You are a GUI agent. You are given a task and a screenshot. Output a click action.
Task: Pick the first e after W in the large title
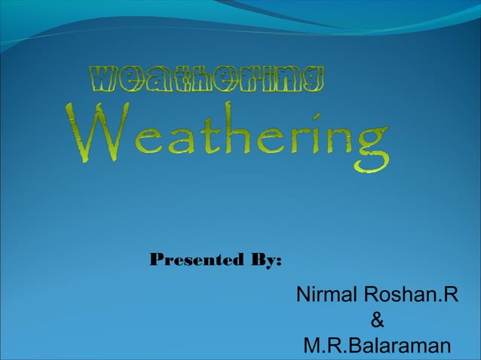pos(137,143)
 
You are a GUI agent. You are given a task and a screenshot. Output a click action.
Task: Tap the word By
pos(261,261)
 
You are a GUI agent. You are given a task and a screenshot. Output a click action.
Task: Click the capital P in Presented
pos(157,261)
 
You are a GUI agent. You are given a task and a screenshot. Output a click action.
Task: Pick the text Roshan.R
pos(411,295)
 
